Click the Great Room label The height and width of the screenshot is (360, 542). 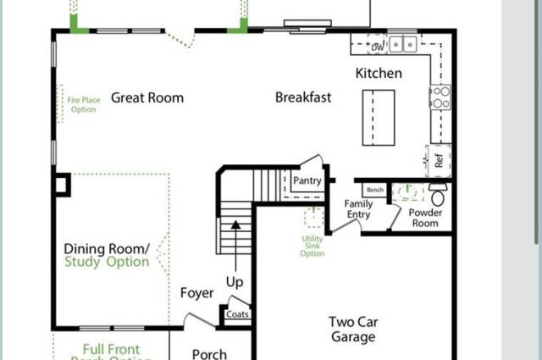pos(147,97)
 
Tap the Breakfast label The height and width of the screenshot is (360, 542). pos(303,97)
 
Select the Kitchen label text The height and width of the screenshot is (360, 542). pos(379,74)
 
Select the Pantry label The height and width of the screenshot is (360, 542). pos(307,180)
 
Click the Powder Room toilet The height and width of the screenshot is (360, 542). pos(438,191)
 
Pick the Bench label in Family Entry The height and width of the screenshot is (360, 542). pos(375,191)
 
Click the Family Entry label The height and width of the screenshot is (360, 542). pos(359,209)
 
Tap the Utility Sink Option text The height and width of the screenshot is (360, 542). pos(312,246)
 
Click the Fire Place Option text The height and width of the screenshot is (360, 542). pos(84,104)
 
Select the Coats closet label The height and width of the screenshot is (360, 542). pos(237,314)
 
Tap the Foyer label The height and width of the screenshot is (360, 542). pos(196,293)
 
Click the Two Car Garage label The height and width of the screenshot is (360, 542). pos(352,329)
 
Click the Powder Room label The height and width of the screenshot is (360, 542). pos(425,219)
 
